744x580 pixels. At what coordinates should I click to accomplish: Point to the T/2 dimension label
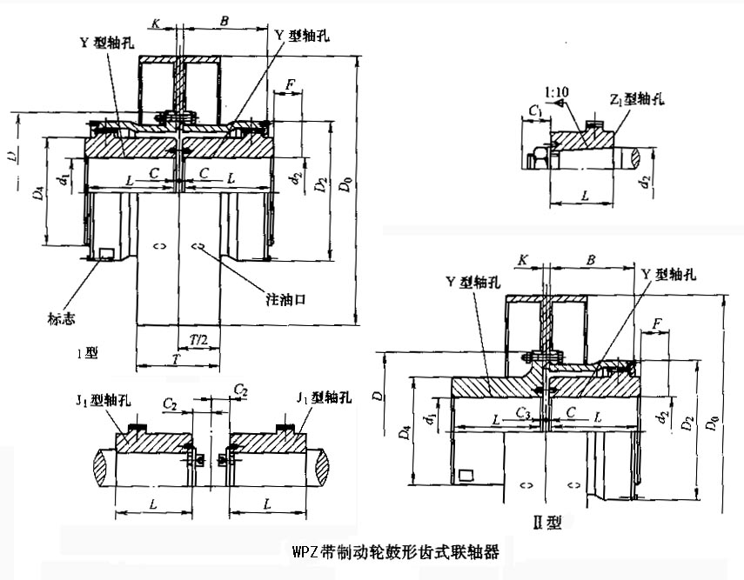(x=199, y=337)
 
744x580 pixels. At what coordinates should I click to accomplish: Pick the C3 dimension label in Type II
(x=523, y=410)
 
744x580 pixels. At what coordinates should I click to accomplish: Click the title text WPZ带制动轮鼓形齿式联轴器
(x=397, y=550)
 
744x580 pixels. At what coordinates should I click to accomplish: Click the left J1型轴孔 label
(x=103, y=397)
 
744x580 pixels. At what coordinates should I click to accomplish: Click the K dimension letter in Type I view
(x=155, y=23)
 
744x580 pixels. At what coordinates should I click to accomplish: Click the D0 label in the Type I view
(x=347, y=185)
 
